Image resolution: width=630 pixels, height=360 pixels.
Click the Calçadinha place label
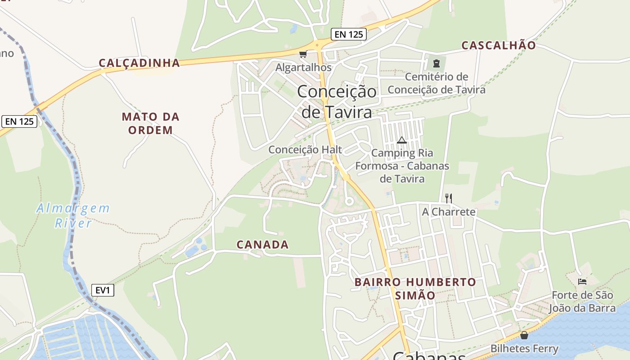(x=139, y=63)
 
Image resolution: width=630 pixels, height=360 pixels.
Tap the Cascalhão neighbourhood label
(x=499, y=45)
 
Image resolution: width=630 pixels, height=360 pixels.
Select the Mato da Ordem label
(x=150, y=123)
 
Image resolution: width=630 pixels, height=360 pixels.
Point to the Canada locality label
(x=263, y=245)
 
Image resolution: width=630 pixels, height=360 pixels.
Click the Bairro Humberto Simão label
(x=415, y=288)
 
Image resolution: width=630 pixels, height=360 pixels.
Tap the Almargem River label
(x=73, y=215)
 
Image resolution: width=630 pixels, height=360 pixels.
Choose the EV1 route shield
(x=103, y=290)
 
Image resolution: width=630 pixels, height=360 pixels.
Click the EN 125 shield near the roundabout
(x=349, y=34)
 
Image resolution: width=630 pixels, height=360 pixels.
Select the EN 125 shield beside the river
(x=19, y=121)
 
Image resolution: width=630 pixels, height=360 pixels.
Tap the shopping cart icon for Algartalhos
(x=303, y=54)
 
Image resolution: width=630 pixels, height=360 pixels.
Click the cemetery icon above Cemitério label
(x=436, y=63)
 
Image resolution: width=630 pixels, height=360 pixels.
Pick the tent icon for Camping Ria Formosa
(x=402, y=140)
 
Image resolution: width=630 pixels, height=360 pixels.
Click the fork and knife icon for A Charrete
(x=448, y=198)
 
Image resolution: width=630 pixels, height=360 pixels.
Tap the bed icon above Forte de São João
(x=582, y=282)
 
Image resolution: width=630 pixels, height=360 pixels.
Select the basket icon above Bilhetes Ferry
(x=524, y=335)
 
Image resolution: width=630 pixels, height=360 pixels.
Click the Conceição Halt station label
(x=305, y=149)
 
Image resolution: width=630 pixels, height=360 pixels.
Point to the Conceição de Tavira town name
(x=337, y=102)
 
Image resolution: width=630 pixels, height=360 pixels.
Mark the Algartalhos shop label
(x=303, y=67)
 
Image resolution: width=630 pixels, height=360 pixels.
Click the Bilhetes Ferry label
(x=524, y=348)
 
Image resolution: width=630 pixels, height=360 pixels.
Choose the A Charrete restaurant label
(x=449, y=211)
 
